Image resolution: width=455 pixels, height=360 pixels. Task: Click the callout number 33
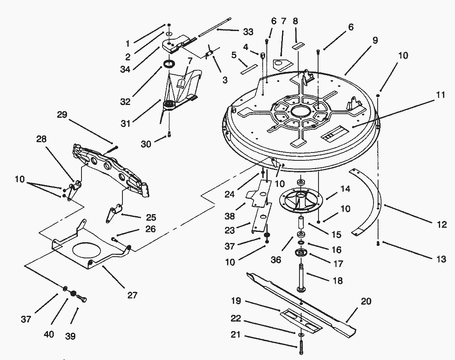(x=248, y=32)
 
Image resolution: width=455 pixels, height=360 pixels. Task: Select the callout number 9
(x=375, y=40)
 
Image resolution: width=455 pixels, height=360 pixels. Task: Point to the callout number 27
(x=132, y=295)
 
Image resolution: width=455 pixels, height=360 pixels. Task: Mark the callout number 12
(x=442, y=224)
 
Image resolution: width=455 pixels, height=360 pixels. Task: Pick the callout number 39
(x=70, y=336)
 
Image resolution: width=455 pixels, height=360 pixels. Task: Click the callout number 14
(x=345, y=189)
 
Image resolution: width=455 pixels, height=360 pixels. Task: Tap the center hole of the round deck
(x=304, y=111)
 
